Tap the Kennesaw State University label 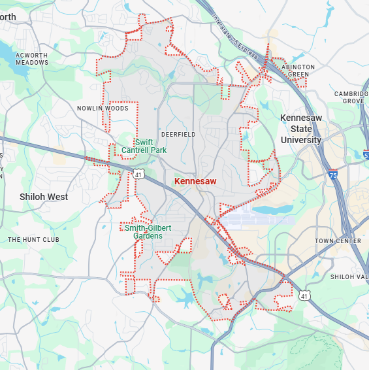click(x=301, y=129)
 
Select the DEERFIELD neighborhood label click(x=178, y=134)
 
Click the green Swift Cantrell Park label click(x=144, y=146)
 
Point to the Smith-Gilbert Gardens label click(x=149, y=231)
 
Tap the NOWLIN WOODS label click(x=103, y=109)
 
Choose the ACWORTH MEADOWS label click(x=33, y=59)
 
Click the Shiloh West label click(x=44, y=197)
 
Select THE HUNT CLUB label click(x=33, y=240)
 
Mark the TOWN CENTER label click(x=338, y=241)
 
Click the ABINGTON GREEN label click(x=298, y=71)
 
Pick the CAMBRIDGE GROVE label click(x=353, y=97)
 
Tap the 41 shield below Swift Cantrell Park click(x=138, y=174)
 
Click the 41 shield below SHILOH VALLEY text click(x=304, y=296)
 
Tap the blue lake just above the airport click(x=272, y=210)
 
